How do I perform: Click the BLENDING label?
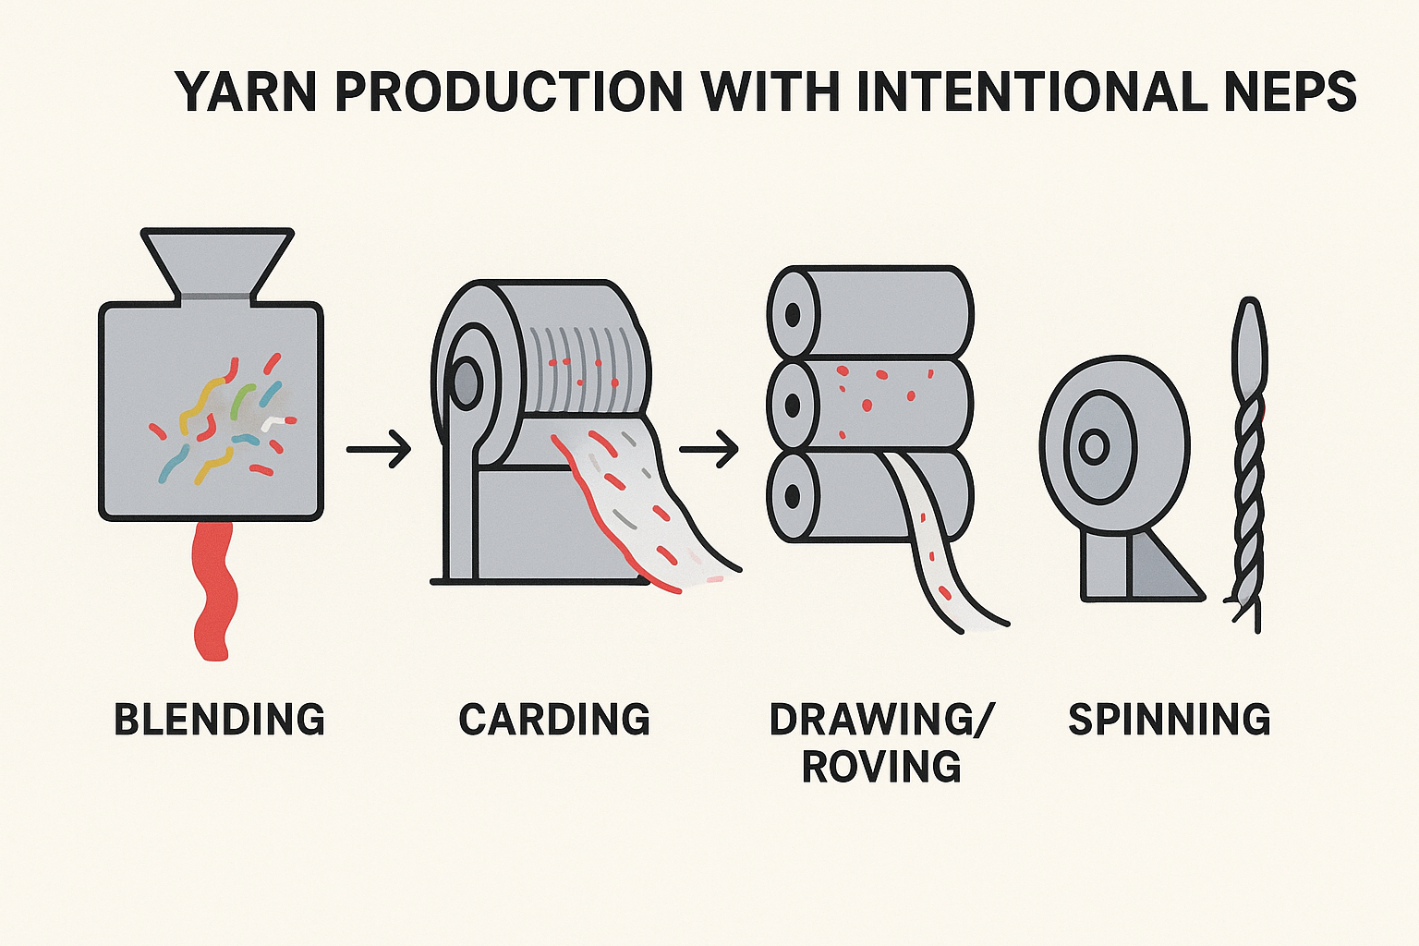(219, 720)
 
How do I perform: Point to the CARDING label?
(554, 720)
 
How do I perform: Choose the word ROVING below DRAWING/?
(881, 767)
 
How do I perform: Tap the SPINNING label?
(1170, 720)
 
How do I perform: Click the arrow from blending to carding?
(379, 449)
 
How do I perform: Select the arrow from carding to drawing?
(709, 449)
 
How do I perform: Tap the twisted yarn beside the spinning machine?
(1249, 462)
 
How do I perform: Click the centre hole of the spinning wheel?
(1094, 447)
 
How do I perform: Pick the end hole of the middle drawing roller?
(793, 405)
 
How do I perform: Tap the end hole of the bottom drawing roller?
(793, 495)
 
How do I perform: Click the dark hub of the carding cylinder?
(464, 382)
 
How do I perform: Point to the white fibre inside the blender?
(275, 423)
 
